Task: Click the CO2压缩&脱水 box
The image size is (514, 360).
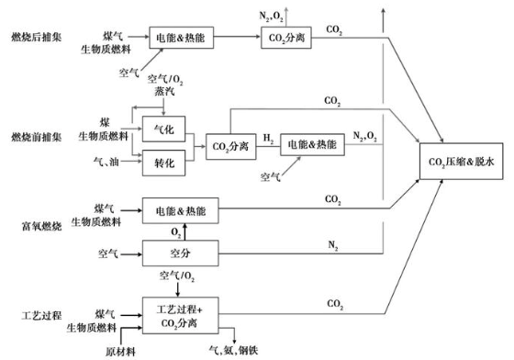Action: (462, 163)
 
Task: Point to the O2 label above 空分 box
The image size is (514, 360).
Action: (178, 230)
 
